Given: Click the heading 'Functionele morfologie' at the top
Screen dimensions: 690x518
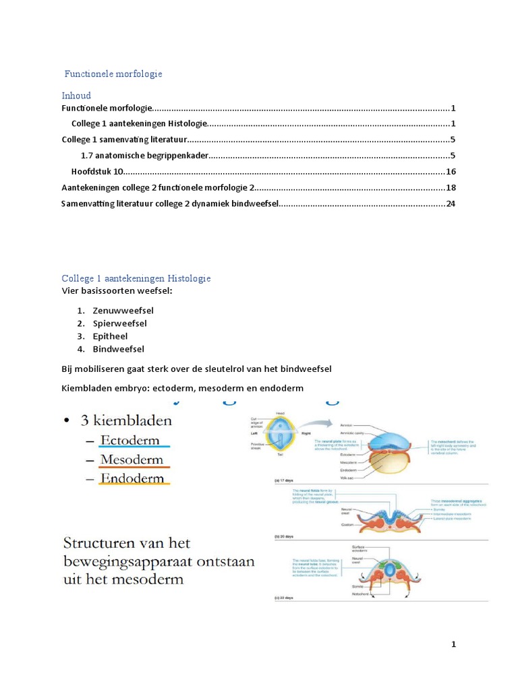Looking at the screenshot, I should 113,73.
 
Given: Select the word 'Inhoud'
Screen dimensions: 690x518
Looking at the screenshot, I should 76,96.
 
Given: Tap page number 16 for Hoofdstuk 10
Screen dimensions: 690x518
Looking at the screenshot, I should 451,172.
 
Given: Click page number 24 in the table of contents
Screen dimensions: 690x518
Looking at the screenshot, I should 451,203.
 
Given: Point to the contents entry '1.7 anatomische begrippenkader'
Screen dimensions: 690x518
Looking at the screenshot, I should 144,156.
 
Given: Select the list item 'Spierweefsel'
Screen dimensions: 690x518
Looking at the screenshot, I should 119,323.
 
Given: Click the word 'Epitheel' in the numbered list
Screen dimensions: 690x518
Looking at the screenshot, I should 110,336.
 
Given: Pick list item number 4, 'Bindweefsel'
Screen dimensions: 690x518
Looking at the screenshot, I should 118,349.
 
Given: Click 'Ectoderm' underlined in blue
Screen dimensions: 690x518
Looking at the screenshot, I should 130,441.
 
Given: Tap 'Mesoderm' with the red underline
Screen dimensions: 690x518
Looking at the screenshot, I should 132,460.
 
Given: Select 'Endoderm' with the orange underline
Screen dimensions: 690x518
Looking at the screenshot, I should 132,479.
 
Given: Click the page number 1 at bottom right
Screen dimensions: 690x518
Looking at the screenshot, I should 454,645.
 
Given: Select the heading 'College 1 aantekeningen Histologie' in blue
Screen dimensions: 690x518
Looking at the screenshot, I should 136,278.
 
